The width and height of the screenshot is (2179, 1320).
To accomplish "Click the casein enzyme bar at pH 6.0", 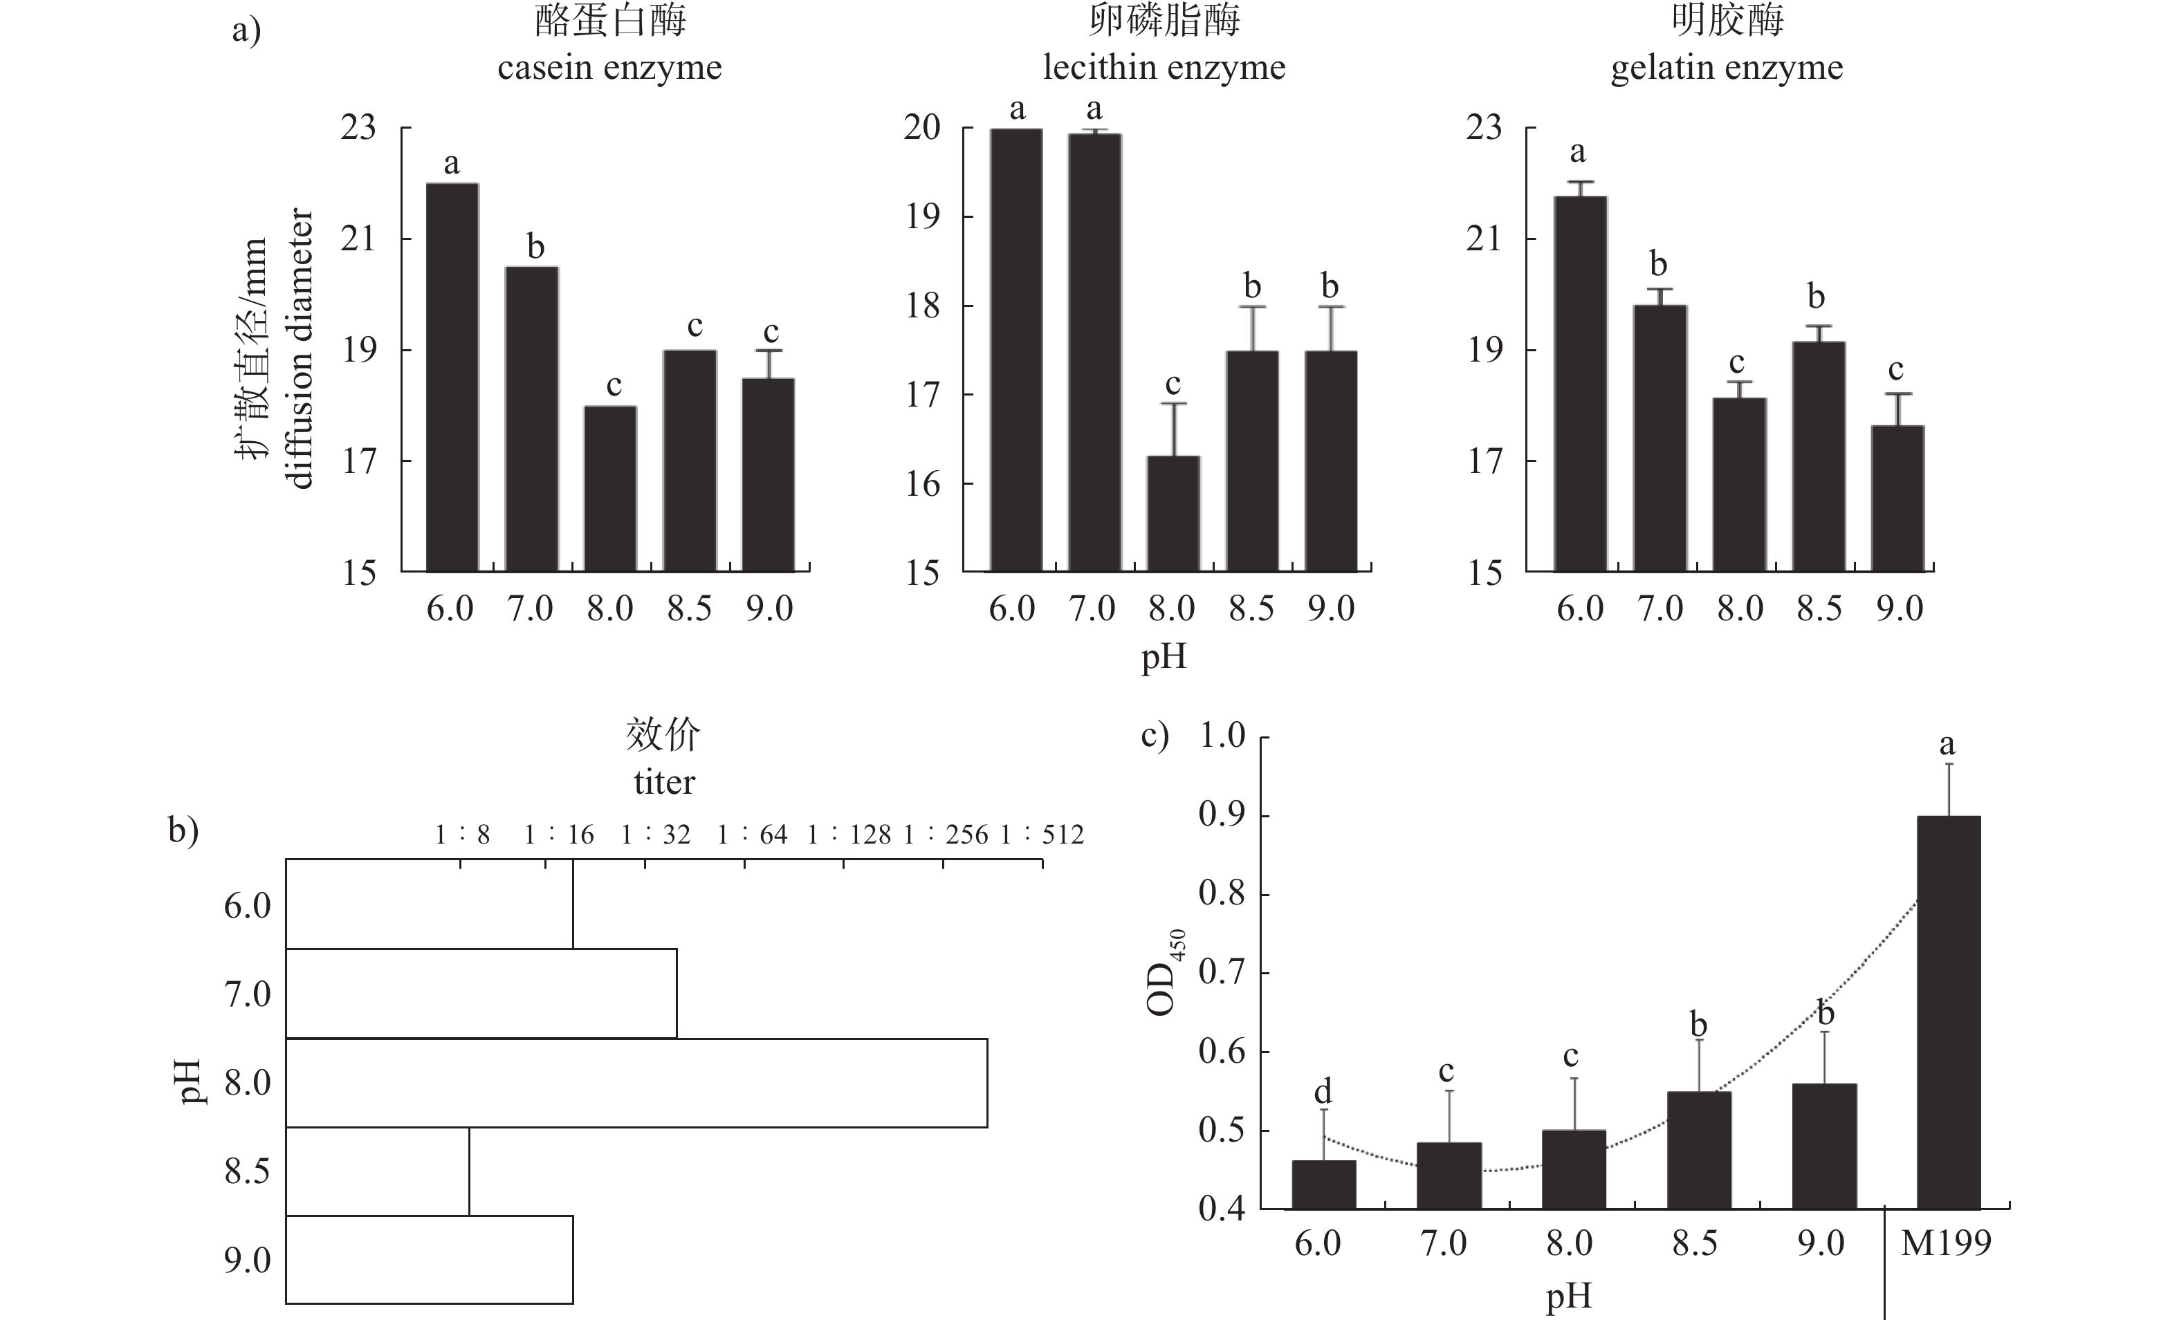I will pos(452,378).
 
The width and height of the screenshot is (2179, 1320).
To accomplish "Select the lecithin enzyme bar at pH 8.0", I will pos(1173,514).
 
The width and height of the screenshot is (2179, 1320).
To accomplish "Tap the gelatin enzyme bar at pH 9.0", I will pos(1897,499).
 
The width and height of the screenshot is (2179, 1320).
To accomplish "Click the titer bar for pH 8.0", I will pos(636,1083).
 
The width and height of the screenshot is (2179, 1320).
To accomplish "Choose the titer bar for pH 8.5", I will pos(378,1171).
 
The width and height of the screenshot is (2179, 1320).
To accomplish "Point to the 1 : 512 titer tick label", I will pos(1042,835).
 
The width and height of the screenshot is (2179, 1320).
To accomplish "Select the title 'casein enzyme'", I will pos(609,68).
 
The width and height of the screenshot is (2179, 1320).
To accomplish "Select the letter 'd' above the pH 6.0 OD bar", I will pos(1323,1091).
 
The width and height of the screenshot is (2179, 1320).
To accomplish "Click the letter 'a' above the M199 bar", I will pos(1947,745).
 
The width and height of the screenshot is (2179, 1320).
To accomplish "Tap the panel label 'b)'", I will pos(183,831).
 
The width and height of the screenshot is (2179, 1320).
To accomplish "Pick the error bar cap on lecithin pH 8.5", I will pos(1252,307).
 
